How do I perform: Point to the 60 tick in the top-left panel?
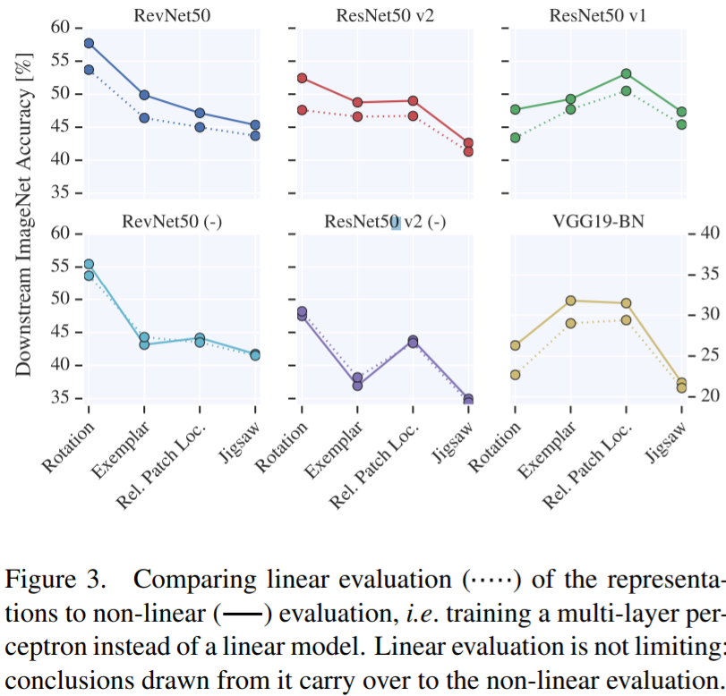pyautogui.click(x=61, y=28)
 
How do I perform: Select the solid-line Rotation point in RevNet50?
pyautogui.click(x=89, y=43)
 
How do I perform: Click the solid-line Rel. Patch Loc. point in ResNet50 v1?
pyautogui.click(x=626, y=73)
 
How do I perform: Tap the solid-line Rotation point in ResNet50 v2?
pyautogui.click(x=302, y=78)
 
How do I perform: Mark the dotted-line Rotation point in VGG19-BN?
pyautogui.click(x=515, y=375)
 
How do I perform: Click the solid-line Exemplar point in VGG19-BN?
pyautogui.click(x=570, y=301)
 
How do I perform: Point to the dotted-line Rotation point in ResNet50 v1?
pyautogui.click(x=515, y=138)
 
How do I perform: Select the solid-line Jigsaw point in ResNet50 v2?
pyautogui.click(x=468, y=143)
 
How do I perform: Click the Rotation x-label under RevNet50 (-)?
pyautogui.click(x=66, y=442)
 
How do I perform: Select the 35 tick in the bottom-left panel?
pyautogui.click(x=61, y=397)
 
